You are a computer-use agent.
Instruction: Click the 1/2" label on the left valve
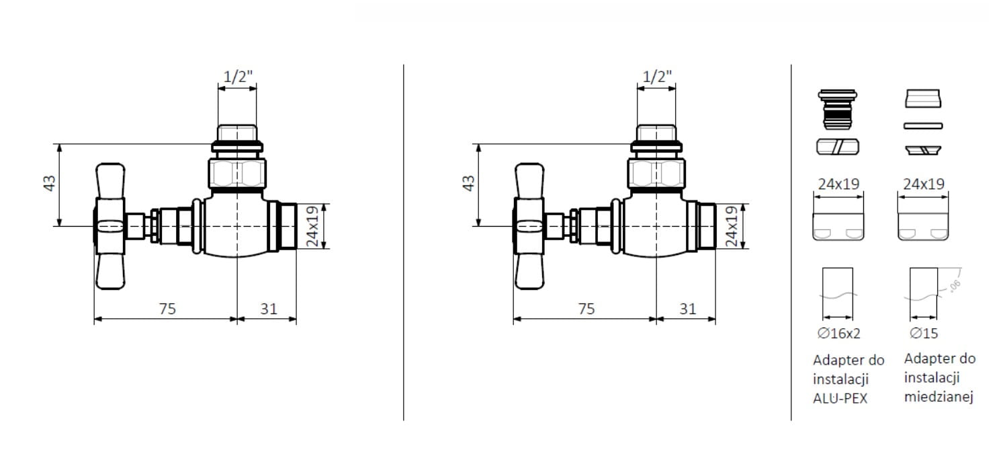pos(238,77)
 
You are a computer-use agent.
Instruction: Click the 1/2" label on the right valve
pos(657,77)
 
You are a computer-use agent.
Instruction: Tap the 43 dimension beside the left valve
pos(49,183)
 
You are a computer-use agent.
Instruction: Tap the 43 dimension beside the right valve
pos(468,183)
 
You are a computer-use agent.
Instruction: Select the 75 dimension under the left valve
pos(167,309)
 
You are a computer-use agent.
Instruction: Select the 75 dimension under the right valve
pos(586,309)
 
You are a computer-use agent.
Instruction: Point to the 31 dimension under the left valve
pos(269,309)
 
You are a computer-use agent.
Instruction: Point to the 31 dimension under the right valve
pos(688,309)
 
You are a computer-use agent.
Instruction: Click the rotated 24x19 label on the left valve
pos(312,227)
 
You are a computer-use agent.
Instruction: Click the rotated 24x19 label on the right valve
pos(732,227)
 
